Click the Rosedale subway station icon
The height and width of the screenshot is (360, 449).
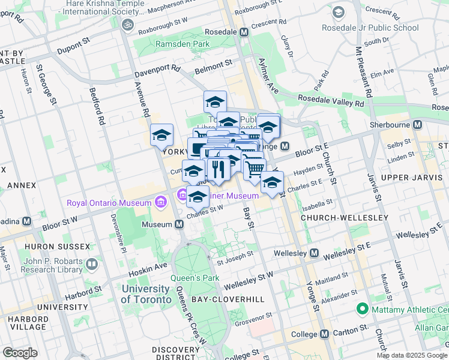(244, 32)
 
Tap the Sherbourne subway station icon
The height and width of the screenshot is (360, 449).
(418, 124)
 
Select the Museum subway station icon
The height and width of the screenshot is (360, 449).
(179, 224)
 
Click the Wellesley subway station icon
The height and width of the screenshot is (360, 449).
(313, 254)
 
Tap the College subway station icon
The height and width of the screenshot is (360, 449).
(324, 334)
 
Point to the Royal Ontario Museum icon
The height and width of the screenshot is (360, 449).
(160, 202)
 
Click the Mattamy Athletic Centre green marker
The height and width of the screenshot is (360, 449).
(362, 310)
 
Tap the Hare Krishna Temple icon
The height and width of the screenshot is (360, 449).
(127, 25)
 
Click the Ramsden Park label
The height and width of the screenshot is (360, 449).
(182, 44)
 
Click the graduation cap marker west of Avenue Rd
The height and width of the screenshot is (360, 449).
(161, 136)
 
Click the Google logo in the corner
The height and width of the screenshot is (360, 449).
(20, 352)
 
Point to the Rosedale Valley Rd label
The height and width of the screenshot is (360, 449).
(331, 102)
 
